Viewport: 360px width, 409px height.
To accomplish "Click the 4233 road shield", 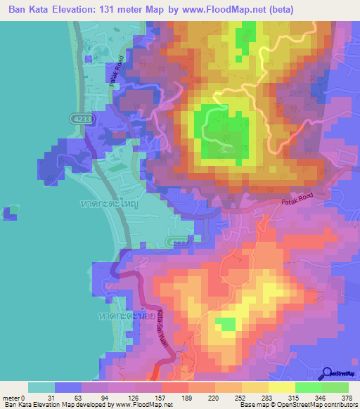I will pos(80,120).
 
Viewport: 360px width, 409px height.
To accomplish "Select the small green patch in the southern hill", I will pos(225,323).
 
